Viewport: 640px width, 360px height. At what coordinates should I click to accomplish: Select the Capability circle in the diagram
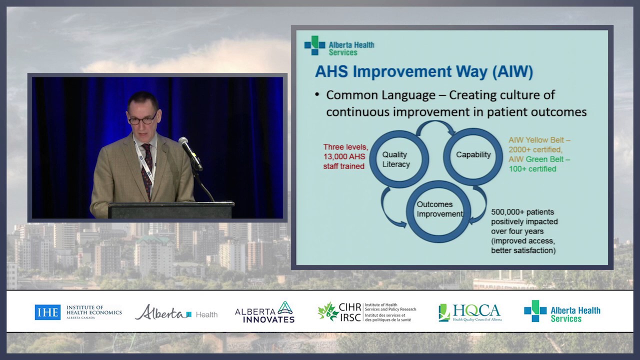point(473,155)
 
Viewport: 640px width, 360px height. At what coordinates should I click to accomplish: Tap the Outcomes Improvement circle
point(437,210)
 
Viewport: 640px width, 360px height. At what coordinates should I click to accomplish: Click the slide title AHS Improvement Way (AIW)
point(423,71)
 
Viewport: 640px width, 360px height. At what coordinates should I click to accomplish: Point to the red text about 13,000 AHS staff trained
point(345,156)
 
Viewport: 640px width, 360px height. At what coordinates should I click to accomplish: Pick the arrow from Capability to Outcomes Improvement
point(481,205)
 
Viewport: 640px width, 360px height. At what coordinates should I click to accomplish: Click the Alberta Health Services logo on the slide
point(339,45)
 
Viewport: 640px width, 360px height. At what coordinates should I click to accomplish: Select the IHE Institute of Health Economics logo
point(78,312)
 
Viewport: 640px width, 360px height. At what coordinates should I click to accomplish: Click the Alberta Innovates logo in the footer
point(264,312)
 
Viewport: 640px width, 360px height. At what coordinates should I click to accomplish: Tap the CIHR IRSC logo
point(366,312)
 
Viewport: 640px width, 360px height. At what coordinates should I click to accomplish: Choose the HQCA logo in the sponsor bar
point(469,312)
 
